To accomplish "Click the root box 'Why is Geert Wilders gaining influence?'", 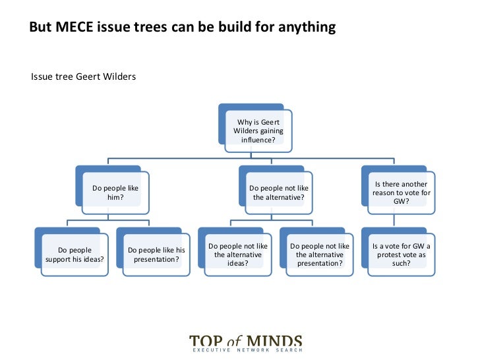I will point(258,131).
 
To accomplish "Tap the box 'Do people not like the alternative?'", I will point(278,193).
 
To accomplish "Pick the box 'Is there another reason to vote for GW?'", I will point(401,193).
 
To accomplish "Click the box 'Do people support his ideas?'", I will point(75,255).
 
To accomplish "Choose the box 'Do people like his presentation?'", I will point(156,255).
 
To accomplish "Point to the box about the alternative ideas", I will point(237,255).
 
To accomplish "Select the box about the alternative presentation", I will point(319,255).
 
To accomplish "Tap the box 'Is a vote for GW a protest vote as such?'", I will point(401,255).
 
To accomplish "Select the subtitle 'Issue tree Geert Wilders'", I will point(83,77).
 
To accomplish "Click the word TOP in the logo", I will point(206,342).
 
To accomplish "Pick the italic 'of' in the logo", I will point(236,342).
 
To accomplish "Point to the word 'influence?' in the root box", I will point(258,140).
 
